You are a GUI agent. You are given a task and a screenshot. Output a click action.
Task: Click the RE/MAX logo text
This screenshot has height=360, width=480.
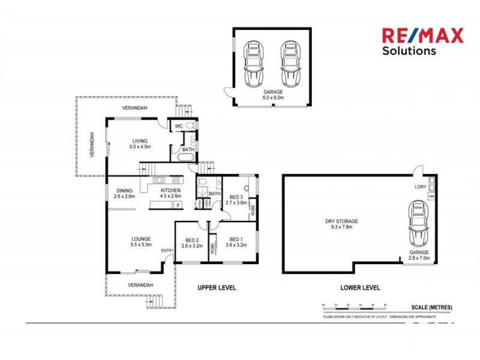point(423,36)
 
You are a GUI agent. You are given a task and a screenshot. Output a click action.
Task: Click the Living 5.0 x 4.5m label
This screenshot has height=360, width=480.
point(141,143)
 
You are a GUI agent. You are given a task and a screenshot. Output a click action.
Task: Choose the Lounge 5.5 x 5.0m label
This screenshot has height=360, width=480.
point(141,242)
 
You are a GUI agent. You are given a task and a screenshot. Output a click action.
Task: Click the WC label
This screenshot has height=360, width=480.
point(179,126)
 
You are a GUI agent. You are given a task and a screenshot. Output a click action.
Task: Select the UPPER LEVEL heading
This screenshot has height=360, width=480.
point(217,288)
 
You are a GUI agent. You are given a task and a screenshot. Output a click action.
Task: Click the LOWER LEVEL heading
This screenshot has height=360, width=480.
point(360,288)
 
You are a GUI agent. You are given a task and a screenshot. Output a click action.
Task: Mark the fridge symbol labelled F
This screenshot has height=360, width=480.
point(178,206)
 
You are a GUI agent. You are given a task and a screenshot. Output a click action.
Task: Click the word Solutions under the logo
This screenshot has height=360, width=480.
point(409,51)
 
